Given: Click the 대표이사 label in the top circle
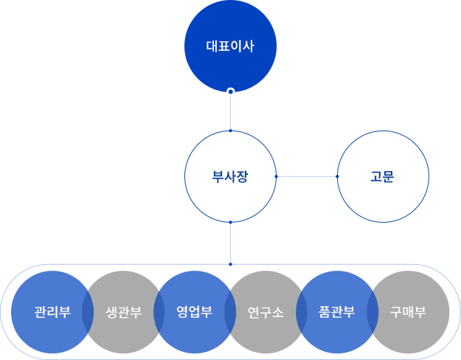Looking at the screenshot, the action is coord(230,46).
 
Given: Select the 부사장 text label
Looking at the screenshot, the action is coord(230,177).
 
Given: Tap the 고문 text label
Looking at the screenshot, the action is coord(382,177).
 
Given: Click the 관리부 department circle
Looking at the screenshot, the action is coord(52,312).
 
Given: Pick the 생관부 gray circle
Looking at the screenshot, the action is coord(123,312).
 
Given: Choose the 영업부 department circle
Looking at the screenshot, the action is coord(195,312).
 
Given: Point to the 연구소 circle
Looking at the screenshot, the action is coord(266,312).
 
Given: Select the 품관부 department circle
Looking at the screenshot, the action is coord(337,312).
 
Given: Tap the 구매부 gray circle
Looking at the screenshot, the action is coord(408,312).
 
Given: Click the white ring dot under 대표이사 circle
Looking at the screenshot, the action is coord(231,91).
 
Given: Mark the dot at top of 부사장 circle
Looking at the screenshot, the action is coord(230,131).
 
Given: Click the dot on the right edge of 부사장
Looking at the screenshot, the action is coord(276,176).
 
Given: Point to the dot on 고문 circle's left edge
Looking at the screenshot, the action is coord(337,176).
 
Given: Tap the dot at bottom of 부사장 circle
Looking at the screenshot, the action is coord(230,222).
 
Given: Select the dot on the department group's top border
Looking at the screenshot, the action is coord(230,264).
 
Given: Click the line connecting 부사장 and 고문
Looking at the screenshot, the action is coord(307,177).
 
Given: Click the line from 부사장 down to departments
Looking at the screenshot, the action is coord(230,243).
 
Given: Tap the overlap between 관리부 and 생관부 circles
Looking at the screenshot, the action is coord(88,312).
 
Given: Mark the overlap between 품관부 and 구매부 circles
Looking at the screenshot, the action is coord(372,312).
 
